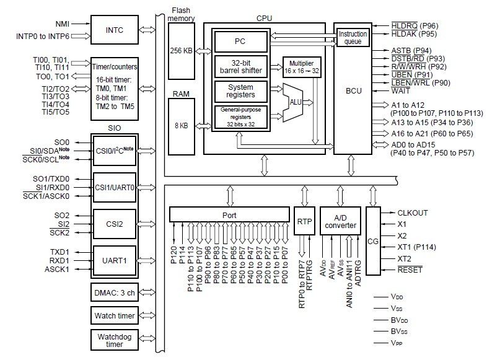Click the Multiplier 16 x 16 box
click(302, 66)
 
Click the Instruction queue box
click(353, 37)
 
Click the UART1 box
click(114, 260)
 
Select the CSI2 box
click(114, 224)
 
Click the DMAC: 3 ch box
click(114, 292)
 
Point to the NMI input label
click(61, 23)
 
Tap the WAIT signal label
click(400, 91)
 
